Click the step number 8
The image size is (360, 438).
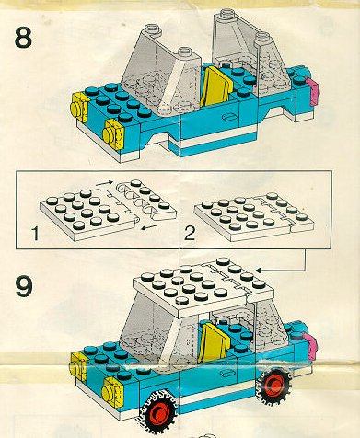(x=23, y=37)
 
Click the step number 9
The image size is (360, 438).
(x=24, y=286)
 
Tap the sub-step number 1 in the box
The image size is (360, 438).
(x=36, y=234)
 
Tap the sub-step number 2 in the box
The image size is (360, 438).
(x=190, y=234)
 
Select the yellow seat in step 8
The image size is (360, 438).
(x=215, y=87)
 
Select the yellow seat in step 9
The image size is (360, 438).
(x=215, y=342)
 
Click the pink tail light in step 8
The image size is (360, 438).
(x=314, y=91)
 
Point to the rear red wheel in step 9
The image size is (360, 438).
(x=273, y=384)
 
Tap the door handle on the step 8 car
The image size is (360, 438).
(x=228, y=117)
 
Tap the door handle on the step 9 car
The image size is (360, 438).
(x=226, y=373)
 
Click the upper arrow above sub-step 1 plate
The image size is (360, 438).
(x=104, y=184)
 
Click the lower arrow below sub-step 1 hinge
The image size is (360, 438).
(x=149, y=228)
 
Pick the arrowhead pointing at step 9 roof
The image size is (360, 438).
(x=259, y=271)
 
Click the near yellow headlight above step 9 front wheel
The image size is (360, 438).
(x=112, y=393)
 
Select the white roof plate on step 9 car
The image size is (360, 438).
(x=203, y=288)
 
